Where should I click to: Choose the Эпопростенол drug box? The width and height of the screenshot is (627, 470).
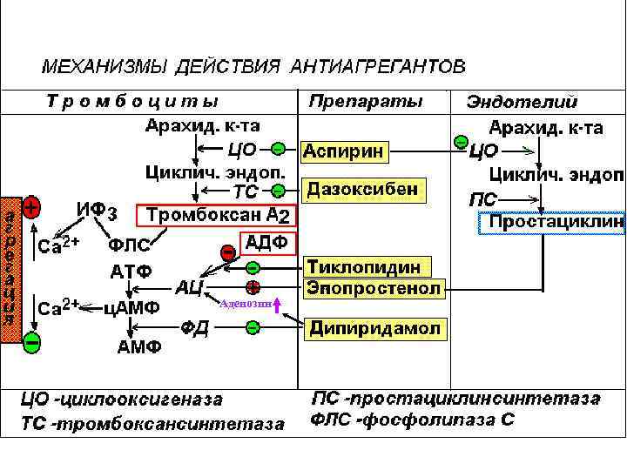(373, 287)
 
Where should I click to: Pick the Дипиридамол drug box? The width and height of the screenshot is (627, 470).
(375, 329)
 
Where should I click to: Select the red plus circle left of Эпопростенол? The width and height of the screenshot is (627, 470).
(253, 287)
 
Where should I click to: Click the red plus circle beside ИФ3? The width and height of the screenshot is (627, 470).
(30, 208)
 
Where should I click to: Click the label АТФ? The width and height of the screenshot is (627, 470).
(130, 271)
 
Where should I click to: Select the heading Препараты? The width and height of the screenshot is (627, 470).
(366, 101)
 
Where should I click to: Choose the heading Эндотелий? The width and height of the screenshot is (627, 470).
(522, 102)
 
